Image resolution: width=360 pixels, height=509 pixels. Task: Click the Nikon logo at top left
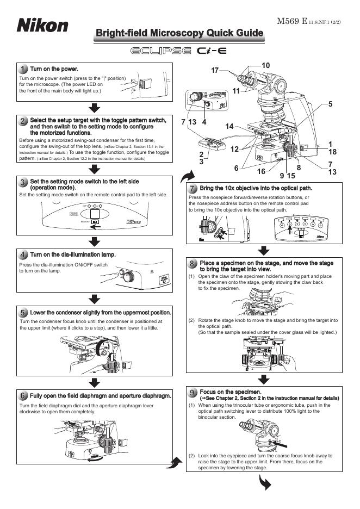tap(42, 26)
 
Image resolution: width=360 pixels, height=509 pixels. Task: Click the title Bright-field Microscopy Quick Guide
tap(179, 34)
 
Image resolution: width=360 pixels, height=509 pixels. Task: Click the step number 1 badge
tap(23, 70)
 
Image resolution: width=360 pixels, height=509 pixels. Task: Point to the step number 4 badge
tap(23, 254)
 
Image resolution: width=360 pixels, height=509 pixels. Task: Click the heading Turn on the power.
tap(54, 69)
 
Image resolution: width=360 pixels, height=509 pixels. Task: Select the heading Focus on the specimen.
tap(231, 392)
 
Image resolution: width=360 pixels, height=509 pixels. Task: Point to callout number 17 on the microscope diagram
tap(215, 71)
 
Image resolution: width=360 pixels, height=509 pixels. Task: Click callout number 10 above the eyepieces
tap(265, 65)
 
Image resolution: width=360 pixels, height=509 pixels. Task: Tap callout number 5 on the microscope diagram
tap(330, 103)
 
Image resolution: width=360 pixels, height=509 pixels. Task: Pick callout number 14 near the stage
tap(229, 126)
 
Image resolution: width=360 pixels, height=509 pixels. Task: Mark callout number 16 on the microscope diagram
tap(261, 171)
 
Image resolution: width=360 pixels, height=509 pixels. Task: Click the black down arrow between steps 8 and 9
tap(264, 379)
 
